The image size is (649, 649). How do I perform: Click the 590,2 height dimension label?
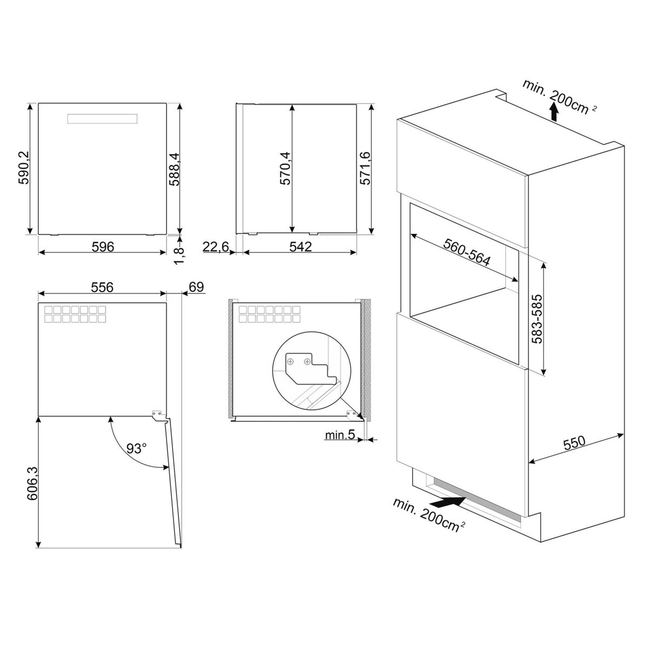click(24, 167)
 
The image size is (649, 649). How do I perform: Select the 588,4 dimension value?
click(175, 169)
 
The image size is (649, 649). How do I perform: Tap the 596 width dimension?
click(103, 247)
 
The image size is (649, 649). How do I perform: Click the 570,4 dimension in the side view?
click(285, 168)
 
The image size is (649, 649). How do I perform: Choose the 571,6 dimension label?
click(365, 168)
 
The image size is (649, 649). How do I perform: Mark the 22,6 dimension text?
click(216, 247)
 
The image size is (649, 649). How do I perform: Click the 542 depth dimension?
click(301, 247)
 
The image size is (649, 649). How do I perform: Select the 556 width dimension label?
click(102, 287)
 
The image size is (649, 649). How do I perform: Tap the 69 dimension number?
click(196, 287)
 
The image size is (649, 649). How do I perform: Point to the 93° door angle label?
click(136, 448)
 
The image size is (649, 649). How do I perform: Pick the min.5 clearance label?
click(340, 435)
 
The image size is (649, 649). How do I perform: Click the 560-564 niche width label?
click(467, 252)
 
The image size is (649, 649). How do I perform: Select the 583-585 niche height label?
click(537, 319)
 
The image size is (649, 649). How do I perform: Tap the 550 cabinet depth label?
click(574, 443)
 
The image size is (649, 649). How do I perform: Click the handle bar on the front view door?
click(102, 119)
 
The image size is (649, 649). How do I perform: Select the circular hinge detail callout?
click(312, 371)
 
